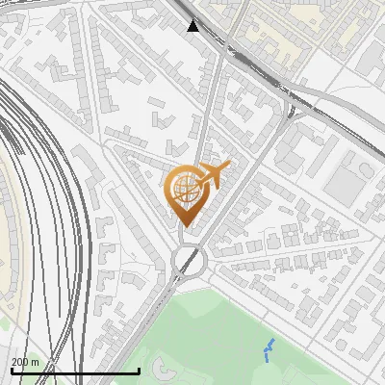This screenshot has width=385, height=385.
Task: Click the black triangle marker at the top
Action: (x=193, y=26)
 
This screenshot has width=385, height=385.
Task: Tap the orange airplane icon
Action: (x=214, y=175)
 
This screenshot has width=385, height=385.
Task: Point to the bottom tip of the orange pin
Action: (x=183, y=226)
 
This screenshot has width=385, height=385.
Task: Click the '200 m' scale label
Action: (x=25, y=362)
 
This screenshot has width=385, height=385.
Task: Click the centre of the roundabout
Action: (x=189, y=261)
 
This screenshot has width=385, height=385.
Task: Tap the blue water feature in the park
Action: (x=269, y=350)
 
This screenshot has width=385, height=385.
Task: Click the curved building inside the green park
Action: (x=159, y=367)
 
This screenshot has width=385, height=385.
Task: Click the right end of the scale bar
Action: (x=140, y=371)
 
